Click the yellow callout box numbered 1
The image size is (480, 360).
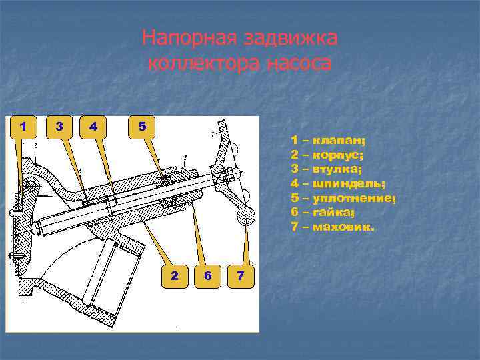click(x=23, y=127)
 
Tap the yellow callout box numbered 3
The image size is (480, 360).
click(x=59, y=127)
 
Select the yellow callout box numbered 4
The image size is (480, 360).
click(x=93, y=127)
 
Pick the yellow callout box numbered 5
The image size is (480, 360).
click(x=142, y=127)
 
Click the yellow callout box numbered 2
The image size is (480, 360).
click(x=175, y=277)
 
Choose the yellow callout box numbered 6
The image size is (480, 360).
click(x=207, y=277)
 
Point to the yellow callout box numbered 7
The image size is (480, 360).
click(x=241, y=277)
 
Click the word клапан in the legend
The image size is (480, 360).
click(x=338, y=141)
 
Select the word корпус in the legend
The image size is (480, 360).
click(x=337, y=155)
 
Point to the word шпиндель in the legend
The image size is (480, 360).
click(x=348, y=184)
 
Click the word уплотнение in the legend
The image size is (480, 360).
click(x=353, y=199)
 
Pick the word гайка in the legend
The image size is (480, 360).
click(x=333, y=212)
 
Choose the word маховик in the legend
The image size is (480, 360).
click(x=343, y=227)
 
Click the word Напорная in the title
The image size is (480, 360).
click(x=189, y=38)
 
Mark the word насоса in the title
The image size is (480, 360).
click(x=299, y=63)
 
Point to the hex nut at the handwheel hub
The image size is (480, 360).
click(x=230, y=175)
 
